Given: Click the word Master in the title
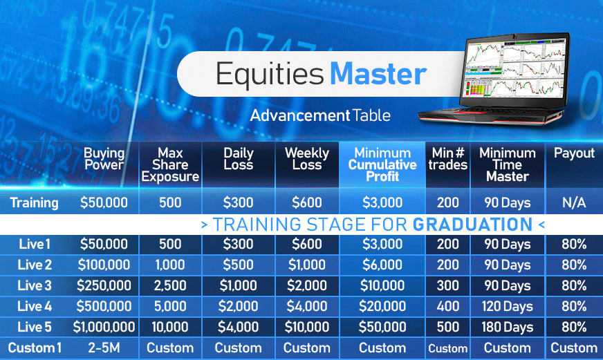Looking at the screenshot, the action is pos(378,73).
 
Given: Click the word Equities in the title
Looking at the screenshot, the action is pos(270,75).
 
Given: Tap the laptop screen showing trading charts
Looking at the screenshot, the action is pos(515,68).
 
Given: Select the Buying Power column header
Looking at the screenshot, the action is pos(104,159).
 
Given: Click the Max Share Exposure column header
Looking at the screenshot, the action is pos(170,165).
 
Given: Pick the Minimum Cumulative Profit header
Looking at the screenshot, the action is pos(382,165).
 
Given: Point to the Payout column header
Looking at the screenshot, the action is pos(574,153).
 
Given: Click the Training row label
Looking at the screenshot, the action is pos(34,202).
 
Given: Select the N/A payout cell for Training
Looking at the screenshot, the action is pos(574,202).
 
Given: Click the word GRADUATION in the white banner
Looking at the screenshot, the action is pos(472,225).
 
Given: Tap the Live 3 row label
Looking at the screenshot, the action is pos(34,285).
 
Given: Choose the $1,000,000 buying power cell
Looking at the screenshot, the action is pos(104,327).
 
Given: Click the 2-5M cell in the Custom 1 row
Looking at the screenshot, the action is pos(104,348).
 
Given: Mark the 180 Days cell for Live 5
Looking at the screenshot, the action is pos(508,328).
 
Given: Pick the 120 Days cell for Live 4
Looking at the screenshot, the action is pos(508,307).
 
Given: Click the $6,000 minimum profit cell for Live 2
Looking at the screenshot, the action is pos(382,265).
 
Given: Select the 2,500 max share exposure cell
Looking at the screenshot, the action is pos(170,285).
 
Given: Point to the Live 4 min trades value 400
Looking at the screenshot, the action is pos(448,306).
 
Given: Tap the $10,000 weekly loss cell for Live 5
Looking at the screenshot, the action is pos(307,327).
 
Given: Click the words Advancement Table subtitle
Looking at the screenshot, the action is pos(320,115).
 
